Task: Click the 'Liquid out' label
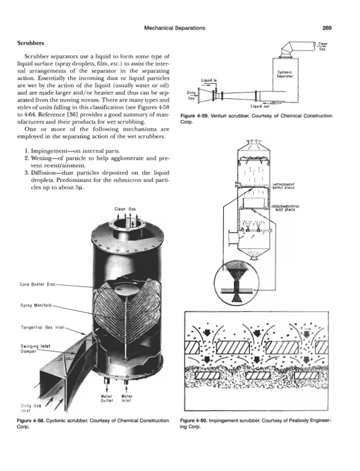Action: point(259,107)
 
